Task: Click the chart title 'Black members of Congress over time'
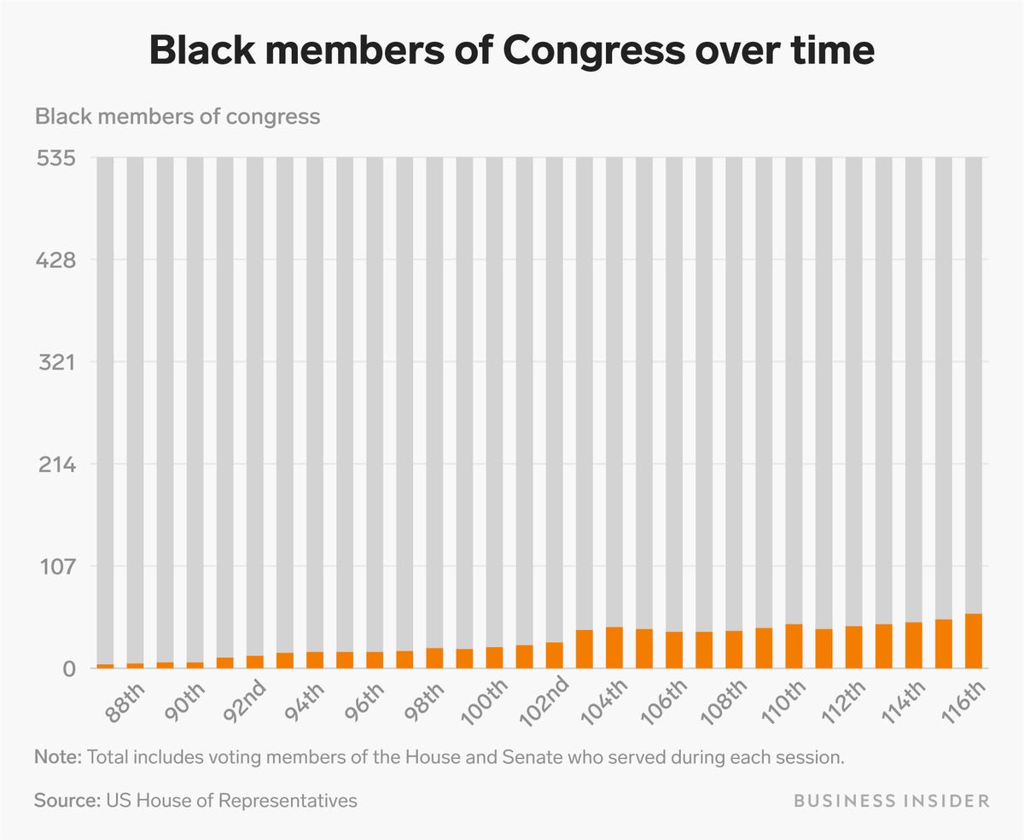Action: (512, 51)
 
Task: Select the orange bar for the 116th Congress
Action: (973, 641)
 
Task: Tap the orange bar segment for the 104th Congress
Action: (614, 648)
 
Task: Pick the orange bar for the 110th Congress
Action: (794, 646)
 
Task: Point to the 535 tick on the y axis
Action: (55, 158)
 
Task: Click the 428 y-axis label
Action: (55, 260)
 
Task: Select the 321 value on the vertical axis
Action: (55, 362)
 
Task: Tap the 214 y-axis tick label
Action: (55, 464)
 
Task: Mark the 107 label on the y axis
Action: (55, 566)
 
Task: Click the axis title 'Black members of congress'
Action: (177, 116)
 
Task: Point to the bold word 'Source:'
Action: (67, 801)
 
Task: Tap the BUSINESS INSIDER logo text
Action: (892, 801)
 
